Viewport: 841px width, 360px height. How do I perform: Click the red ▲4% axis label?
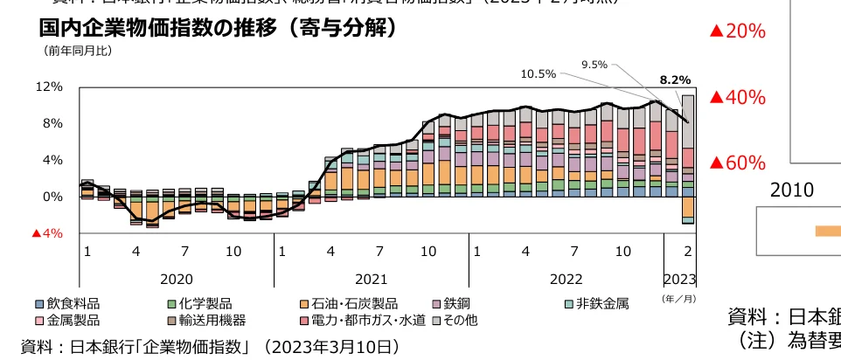point(47,233)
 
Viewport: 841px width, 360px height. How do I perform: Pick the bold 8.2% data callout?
point(674,80)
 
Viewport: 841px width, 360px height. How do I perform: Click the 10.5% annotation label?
point(538,73)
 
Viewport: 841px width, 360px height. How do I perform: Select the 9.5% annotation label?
point(594,64)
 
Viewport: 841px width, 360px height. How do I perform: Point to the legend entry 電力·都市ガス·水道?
point(362,321)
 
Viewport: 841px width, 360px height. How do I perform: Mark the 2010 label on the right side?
point(792,190)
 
